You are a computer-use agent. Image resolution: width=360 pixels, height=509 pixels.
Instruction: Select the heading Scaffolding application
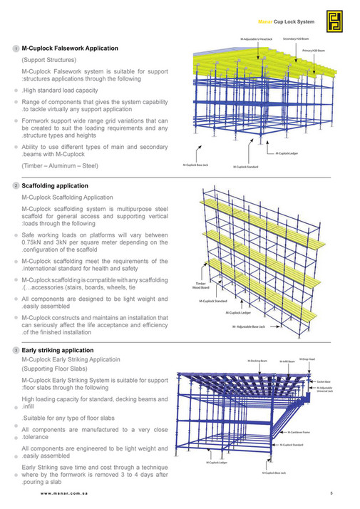[x=55, y=185]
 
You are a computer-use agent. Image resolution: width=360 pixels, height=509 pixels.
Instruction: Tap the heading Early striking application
[x=58, y=350]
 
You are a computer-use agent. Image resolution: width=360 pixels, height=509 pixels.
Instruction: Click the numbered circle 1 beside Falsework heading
[x=16, y=48]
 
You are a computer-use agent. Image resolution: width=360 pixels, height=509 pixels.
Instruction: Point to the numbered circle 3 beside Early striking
[x=16, y=351]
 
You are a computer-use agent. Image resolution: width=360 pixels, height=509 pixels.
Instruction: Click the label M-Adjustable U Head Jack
[x=256, y=39]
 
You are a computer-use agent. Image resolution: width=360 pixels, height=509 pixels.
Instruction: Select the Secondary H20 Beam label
[x=295, y=39]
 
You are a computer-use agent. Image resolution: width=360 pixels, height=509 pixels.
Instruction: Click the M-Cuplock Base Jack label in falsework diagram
[x=195, y=165]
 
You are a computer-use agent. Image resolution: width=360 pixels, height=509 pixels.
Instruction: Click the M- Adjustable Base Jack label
[x=249, y=326]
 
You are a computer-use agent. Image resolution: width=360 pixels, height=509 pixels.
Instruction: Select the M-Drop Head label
[x=307, y=359]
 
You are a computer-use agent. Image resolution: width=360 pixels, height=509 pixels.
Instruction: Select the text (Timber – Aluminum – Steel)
[x=60, y=165]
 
